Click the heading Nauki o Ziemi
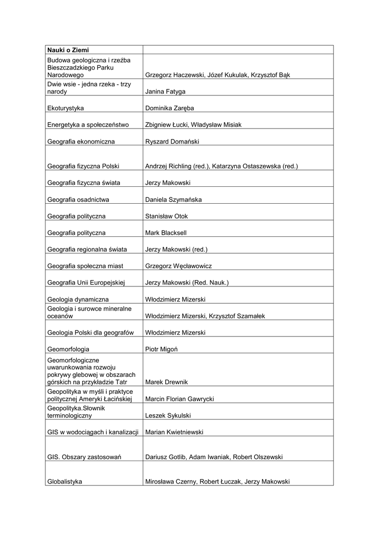click(x=68, y=50)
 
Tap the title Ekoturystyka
click(x=66, y=108)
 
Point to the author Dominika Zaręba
click(x=169, y=108)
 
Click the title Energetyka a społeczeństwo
click(x=88, y=125)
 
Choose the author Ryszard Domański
click(x=172, y=142)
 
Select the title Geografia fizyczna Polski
click(x=83, y=166)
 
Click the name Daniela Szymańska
click(x=173, y=199)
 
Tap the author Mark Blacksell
click(x=166, y=233)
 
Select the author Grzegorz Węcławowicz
click(x=178, y=266)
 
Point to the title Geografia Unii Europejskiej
click(x=85, y=283)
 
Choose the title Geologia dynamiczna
click(x=78, y=300)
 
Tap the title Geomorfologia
click(x=68, y=349)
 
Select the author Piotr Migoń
click(x=163, y=349)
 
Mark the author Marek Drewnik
click(x=166, y=382)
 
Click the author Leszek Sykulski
click(x=168, y=416)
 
